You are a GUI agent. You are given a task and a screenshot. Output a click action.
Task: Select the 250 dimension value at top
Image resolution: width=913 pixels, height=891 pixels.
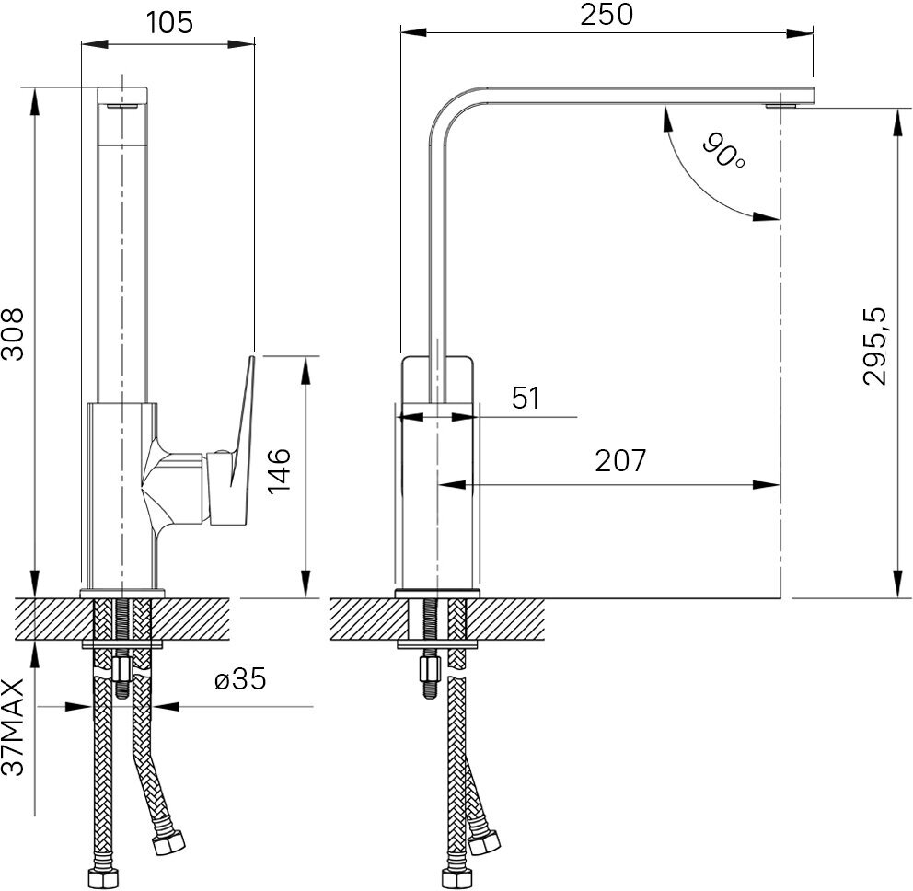click(x=607, y=15)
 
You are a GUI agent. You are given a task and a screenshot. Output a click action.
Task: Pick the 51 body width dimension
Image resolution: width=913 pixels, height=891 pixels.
click(x=525, y=399)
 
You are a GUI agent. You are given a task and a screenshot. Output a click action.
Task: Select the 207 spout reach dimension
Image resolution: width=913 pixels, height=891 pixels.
click(x=619, y=461)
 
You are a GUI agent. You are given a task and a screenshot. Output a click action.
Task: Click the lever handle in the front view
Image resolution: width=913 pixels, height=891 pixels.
click(x=241, y=433)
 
